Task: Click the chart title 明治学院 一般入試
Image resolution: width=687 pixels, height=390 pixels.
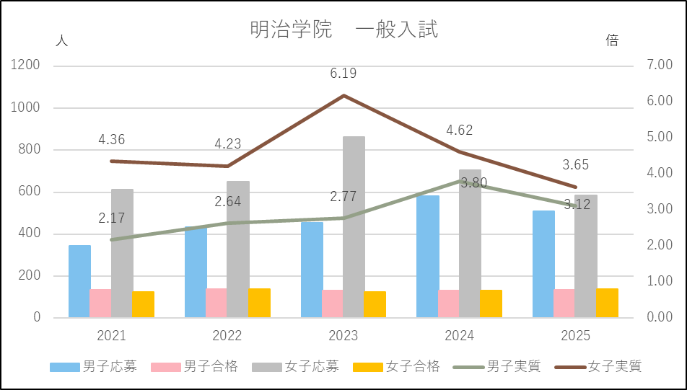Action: (343, 30)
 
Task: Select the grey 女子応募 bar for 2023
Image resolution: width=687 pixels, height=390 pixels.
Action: (354, 226)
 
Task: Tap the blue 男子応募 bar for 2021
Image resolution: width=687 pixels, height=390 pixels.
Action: (79, 281)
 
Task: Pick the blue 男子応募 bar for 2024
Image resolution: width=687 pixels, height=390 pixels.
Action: (427, 256)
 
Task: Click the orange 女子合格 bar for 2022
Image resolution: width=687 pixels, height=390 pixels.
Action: (259, 303)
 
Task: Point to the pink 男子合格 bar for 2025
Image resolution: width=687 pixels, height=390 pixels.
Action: (564, 303)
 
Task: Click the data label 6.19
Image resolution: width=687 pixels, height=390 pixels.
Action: (343, 74)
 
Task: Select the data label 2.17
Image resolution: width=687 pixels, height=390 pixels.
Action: (112, 217)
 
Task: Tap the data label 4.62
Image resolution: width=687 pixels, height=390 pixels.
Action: (459, 131)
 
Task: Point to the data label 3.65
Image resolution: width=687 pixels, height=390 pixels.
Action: (575, 165)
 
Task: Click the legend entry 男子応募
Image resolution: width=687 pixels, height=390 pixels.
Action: (93, 366)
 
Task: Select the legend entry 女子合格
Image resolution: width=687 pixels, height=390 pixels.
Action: (396, 366)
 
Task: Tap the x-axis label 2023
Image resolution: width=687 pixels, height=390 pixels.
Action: (343, 336)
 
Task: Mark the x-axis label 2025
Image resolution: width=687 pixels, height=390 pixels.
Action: (575, 336)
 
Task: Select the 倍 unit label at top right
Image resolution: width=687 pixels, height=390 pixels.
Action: (612, 41)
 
